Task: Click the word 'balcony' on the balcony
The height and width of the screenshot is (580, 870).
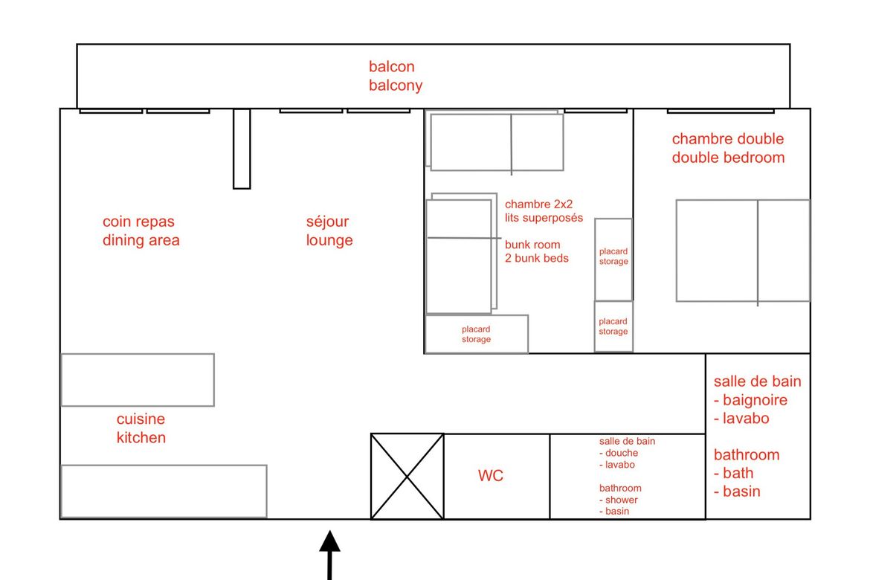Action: tap(396, 86)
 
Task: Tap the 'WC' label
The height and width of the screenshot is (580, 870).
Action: tap(491, 476)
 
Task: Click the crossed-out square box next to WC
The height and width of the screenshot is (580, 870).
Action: tap(407, 477)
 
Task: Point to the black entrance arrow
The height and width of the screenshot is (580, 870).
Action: tap(329, 555)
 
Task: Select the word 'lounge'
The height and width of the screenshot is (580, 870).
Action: tap(329, 240)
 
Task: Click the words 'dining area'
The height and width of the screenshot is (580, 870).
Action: tap(141, 240)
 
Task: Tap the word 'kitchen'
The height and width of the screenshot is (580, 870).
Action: tap(141, 437)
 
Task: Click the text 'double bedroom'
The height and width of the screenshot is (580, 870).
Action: tap(728, 158)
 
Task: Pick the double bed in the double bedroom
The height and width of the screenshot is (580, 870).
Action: tap(743, 251)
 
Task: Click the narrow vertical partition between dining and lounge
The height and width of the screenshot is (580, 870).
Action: tap(242, 149)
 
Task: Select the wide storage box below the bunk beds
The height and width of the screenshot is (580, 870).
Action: tap(477, 334)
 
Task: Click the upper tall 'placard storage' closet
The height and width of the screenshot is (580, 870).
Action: tap(613, 260)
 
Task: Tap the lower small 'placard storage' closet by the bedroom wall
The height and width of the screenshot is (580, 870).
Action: tap(613, 326)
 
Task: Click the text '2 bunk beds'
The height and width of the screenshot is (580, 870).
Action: tap(537, 258)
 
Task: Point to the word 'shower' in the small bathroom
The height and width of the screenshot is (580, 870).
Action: tap(622, 500)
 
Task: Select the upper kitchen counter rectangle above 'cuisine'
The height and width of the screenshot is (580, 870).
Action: tap(138, 380)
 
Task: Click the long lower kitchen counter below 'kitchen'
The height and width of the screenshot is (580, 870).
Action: tap(164, 492)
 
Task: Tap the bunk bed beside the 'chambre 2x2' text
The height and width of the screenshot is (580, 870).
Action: tap(461, 254)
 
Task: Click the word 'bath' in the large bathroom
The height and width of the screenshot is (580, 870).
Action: tap(738, 474)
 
